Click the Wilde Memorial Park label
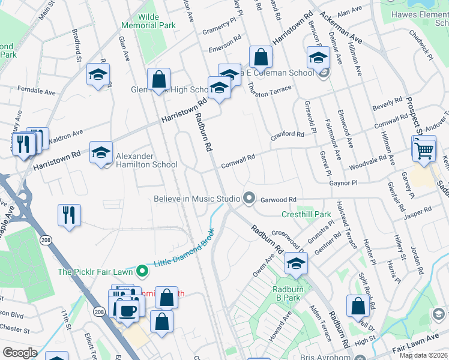coord(148,22)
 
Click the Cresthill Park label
coord(306,214)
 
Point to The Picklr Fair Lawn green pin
coord(142,272)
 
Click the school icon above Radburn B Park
coord(296,263)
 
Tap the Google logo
coord(20,353)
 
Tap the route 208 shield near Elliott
coord(99,311)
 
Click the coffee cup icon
coord(127,310)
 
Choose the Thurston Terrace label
coord(269,89)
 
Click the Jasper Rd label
coord(418,211)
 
